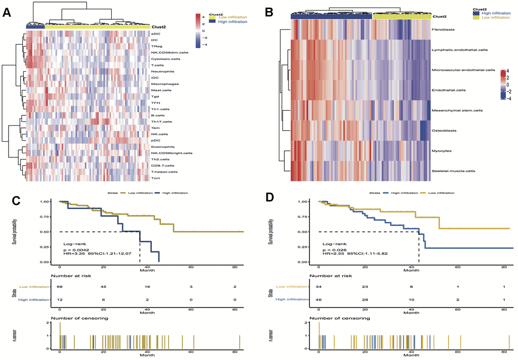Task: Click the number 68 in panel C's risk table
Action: click(60, 286)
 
